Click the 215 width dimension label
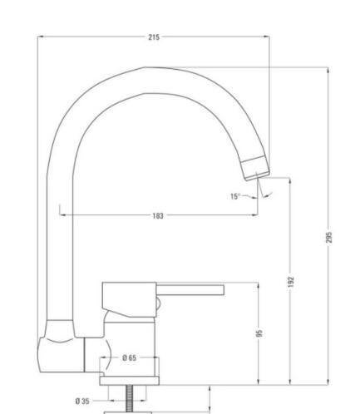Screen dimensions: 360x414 click(x=154, y=37)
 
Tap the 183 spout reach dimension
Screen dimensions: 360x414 click(x=158, y=215)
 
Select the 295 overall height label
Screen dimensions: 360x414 click(x=328, y=237)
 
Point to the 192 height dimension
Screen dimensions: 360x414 click(x=291, y=282)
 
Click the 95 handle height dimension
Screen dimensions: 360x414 click(x=259, y=333)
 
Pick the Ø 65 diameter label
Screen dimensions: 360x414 click(x=130, y=357)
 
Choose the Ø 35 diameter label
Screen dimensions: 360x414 click(x=82, y=401)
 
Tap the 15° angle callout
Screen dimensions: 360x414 click(x=234, y=196)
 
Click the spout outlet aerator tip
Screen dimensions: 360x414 click(x=255, y=168)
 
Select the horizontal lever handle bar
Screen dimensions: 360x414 click(x=190, y=290)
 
